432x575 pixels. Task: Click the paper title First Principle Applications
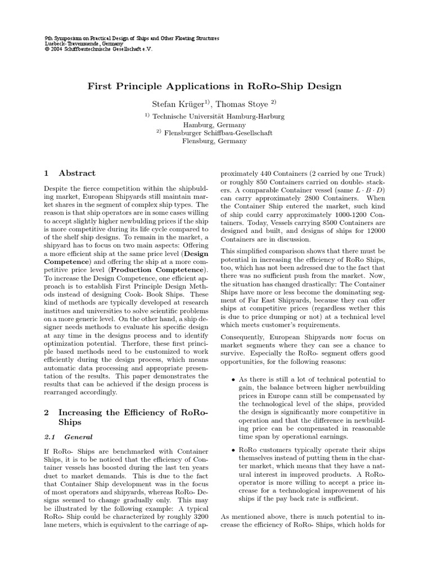(x=214, y=86)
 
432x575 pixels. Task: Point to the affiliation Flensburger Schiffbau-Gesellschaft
(x=218, y=133)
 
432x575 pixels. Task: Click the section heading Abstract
(x=77, y=173)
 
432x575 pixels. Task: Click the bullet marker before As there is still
(x=233, y=380)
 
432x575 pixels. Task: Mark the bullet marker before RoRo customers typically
(x=233, y=451)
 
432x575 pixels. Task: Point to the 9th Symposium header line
(x=131, y=38)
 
